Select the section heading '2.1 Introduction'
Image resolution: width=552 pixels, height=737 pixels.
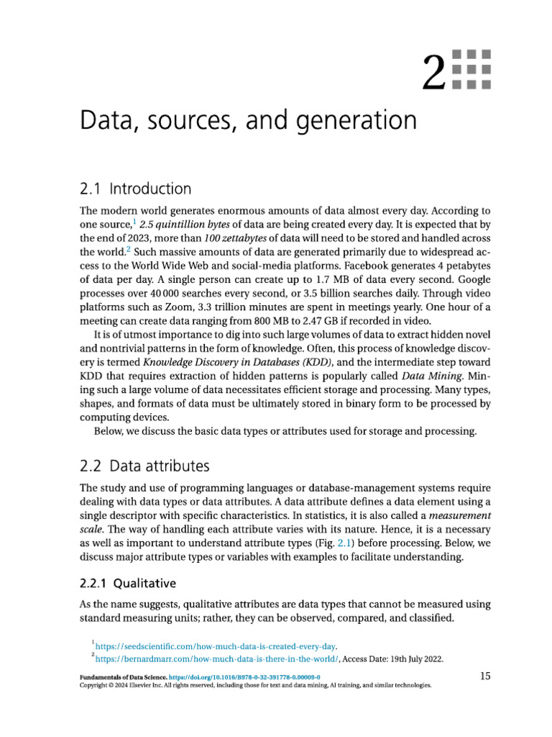click(135, 189)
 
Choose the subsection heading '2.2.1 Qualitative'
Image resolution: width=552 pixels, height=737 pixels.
click(128, 583)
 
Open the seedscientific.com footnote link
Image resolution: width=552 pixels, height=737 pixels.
click(216, 646)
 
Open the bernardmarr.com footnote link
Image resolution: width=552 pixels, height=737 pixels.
click(216, 659)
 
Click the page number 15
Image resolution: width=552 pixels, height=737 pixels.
click(484, 676)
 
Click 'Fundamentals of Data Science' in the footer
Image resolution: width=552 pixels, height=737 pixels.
click(122, 678)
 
